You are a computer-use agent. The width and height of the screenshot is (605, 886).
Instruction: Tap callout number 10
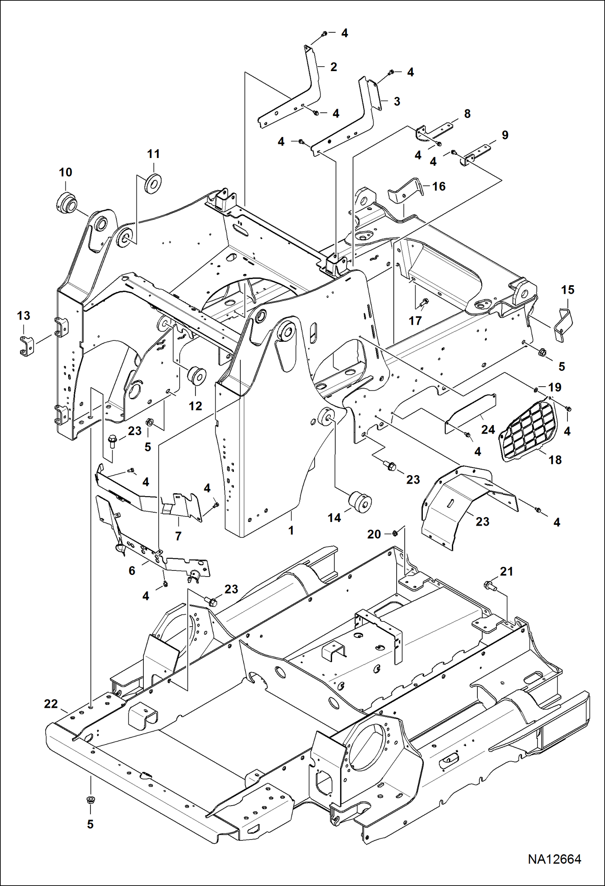65,173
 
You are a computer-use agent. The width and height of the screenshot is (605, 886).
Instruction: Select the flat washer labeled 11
153,183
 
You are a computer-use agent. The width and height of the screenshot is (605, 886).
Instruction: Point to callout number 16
439,186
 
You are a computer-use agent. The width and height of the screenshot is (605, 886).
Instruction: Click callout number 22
51,704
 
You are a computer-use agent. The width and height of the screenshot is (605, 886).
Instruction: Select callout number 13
23,316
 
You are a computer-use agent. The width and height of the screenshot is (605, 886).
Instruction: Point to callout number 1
291,530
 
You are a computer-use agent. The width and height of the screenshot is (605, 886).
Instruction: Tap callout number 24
488,429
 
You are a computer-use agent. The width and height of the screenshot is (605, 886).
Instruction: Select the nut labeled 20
396,533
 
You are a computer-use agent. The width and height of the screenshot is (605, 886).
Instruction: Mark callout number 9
505,135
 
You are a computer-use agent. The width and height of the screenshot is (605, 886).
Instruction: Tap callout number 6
132,570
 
